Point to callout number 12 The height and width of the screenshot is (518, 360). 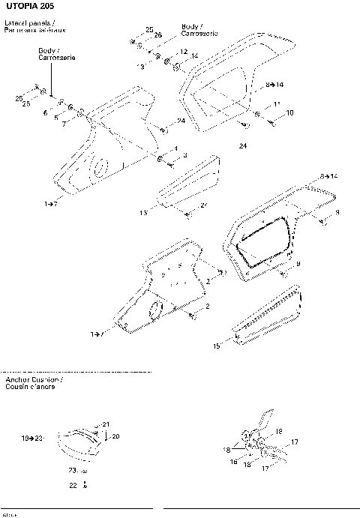[183, 51]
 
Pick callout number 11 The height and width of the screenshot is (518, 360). [277, 103]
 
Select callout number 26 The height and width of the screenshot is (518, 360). [158, 35]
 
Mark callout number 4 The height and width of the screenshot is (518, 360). [175, 148]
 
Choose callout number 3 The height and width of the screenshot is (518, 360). [184, 155]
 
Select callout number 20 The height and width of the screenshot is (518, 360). [116, 436]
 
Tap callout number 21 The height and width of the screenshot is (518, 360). [106, 424]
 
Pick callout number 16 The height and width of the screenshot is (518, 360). [233, 463]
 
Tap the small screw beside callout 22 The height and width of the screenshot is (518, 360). [85, 486]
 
